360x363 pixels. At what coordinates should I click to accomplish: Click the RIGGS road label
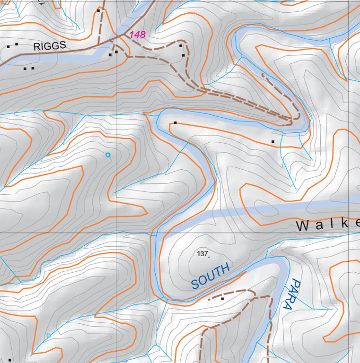pyautogui.click(x=49, y=47)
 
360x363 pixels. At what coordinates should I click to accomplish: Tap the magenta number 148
pyautogui.click(x=137, y=35)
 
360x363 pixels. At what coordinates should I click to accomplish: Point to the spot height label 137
pyautogui.click(x=202, y=254)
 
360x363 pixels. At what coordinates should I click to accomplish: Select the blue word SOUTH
pyautogui.click(x=211, y=276)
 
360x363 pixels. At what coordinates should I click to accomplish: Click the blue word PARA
pyautogui.click(x=290, y=294)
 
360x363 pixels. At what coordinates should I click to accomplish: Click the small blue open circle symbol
pyautogui.click(x=108, y=155)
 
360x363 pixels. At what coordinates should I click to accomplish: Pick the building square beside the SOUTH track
pyautogui.click(x=222, y=299)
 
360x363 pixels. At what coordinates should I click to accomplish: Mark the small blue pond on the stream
pyautogui.click(x=48, y=336)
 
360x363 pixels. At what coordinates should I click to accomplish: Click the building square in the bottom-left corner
pyautogui.click(x=9, y=360)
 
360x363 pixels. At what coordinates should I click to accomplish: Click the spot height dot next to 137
pyautogui.click(x=209, y=256)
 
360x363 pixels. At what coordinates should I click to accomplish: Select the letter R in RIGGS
pyautogui.click(x=36, y=47)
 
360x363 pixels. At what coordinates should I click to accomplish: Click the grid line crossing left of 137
pyautogui.click(x=116, y=233)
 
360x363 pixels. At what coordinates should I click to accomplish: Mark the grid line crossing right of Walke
pyautogui.click(x=348, y=233)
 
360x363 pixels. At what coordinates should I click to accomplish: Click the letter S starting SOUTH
pyautogui.click(x=195, y=284)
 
